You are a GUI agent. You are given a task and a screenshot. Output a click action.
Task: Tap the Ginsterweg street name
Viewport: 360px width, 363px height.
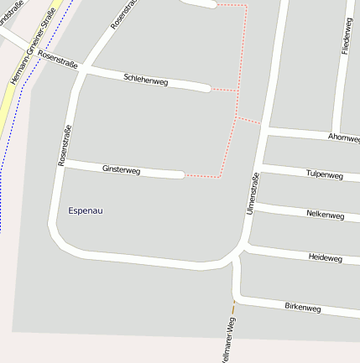(121, 170)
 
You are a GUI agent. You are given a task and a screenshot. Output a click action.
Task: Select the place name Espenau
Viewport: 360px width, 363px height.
(86, 210)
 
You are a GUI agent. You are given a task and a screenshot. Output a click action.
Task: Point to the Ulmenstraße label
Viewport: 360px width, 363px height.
(253, 194)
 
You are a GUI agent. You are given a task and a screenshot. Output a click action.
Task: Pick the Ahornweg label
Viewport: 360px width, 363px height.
(343, 137)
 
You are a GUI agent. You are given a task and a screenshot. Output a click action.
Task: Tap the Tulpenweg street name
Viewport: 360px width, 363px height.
(325, 175)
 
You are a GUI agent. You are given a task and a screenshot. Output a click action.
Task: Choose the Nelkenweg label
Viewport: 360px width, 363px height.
(325, 215)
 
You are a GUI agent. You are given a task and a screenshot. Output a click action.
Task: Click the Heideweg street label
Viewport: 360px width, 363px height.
(326, 258)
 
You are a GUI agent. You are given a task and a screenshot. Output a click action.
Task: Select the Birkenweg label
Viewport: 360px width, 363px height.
(302, 308)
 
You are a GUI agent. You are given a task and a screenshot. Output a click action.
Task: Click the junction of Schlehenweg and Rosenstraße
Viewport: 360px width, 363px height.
(81, 71)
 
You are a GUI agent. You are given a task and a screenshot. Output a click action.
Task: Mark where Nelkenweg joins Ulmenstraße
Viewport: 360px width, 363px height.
(256, 205)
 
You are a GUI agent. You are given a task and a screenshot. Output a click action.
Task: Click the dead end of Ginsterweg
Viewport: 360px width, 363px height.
(182, 175)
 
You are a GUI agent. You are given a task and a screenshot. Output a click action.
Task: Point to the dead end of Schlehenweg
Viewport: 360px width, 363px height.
(207, 87)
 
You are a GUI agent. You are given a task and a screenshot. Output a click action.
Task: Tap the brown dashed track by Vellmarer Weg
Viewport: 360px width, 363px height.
(233, 307)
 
